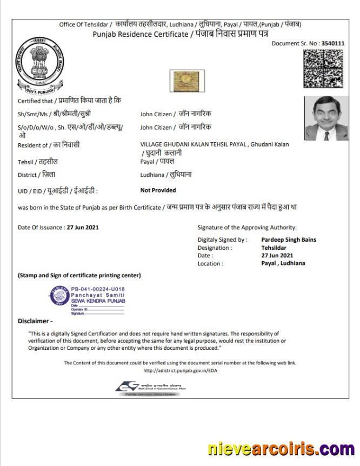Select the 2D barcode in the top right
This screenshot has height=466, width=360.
323,69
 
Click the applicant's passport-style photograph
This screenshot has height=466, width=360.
326,118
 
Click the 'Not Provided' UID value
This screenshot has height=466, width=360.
158,190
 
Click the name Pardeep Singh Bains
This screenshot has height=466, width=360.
289,239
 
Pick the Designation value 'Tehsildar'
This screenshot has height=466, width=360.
275,248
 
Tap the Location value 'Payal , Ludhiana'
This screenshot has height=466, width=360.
283,263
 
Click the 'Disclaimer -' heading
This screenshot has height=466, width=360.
35,321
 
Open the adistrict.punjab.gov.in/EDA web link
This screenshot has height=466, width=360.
181,371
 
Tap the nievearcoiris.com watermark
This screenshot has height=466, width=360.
281,449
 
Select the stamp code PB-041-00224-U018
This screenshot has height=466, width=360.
98,290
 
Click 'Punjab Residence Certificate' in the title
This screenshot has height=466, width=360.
139,34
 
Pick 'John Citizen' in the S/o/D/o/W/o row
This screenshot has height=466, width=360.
156,127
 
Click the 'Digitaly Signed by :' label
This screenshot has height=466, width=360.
222,239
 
